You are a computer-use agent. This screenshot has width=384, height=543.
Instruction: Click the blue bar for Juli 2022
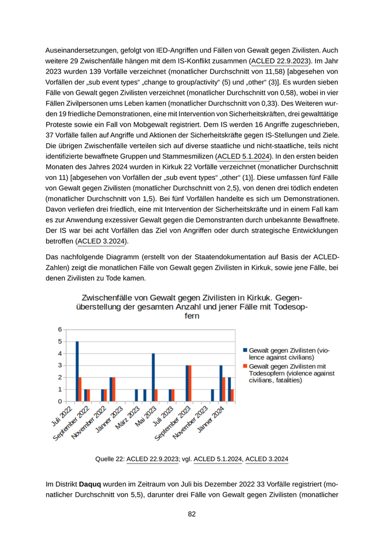[77, 371]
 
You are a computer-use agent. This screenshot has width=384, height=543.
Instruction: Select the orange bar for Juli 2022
[80, 389]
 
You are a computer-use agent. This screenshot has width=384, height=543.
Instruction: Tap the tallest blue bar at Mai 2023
[153, 377]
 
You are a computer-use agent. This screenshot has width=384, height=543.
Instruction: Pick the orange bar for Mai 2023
[156, 395]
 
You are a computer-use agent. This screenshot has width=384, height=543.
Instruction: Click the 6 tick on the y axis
[59, 330]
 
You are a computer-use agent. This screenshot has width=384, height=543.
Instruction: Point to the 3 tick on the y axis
[59, 365]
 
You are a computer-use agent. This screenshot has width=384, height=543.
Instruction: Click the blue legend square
[245, 350]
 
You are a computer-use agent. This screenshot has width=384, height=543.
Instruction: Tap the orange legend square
[245, 366]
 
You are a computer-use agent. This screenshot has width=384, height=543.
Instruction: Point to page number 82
[192, 514]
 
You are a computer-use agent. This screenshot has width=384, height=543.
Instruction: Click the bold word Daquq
[91, 484]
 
